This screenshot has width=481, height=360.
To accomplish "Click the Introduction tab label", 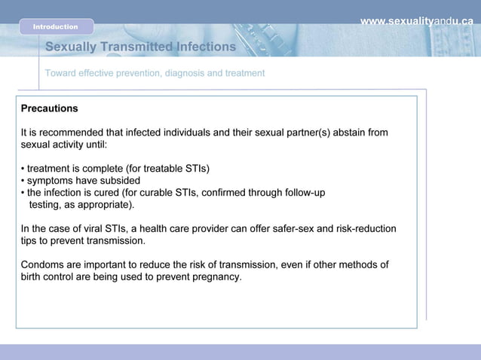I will click(55, 27).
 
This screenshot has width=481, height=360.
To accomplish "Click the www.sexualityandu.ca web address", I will click(416, 21).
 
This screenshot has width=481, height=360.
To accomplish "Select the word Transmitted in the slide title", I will click(135, 47).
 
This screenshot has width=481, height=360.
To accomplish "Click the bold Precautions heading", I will click(49, 108).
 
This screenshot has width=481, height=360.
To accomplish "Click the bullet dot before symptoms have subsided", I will click(23, 181).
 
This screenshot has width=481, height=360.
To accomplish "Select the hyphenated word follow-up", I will click(302, 192).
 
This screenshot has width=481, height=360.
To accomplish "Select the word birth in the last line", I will click(33, 276).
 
